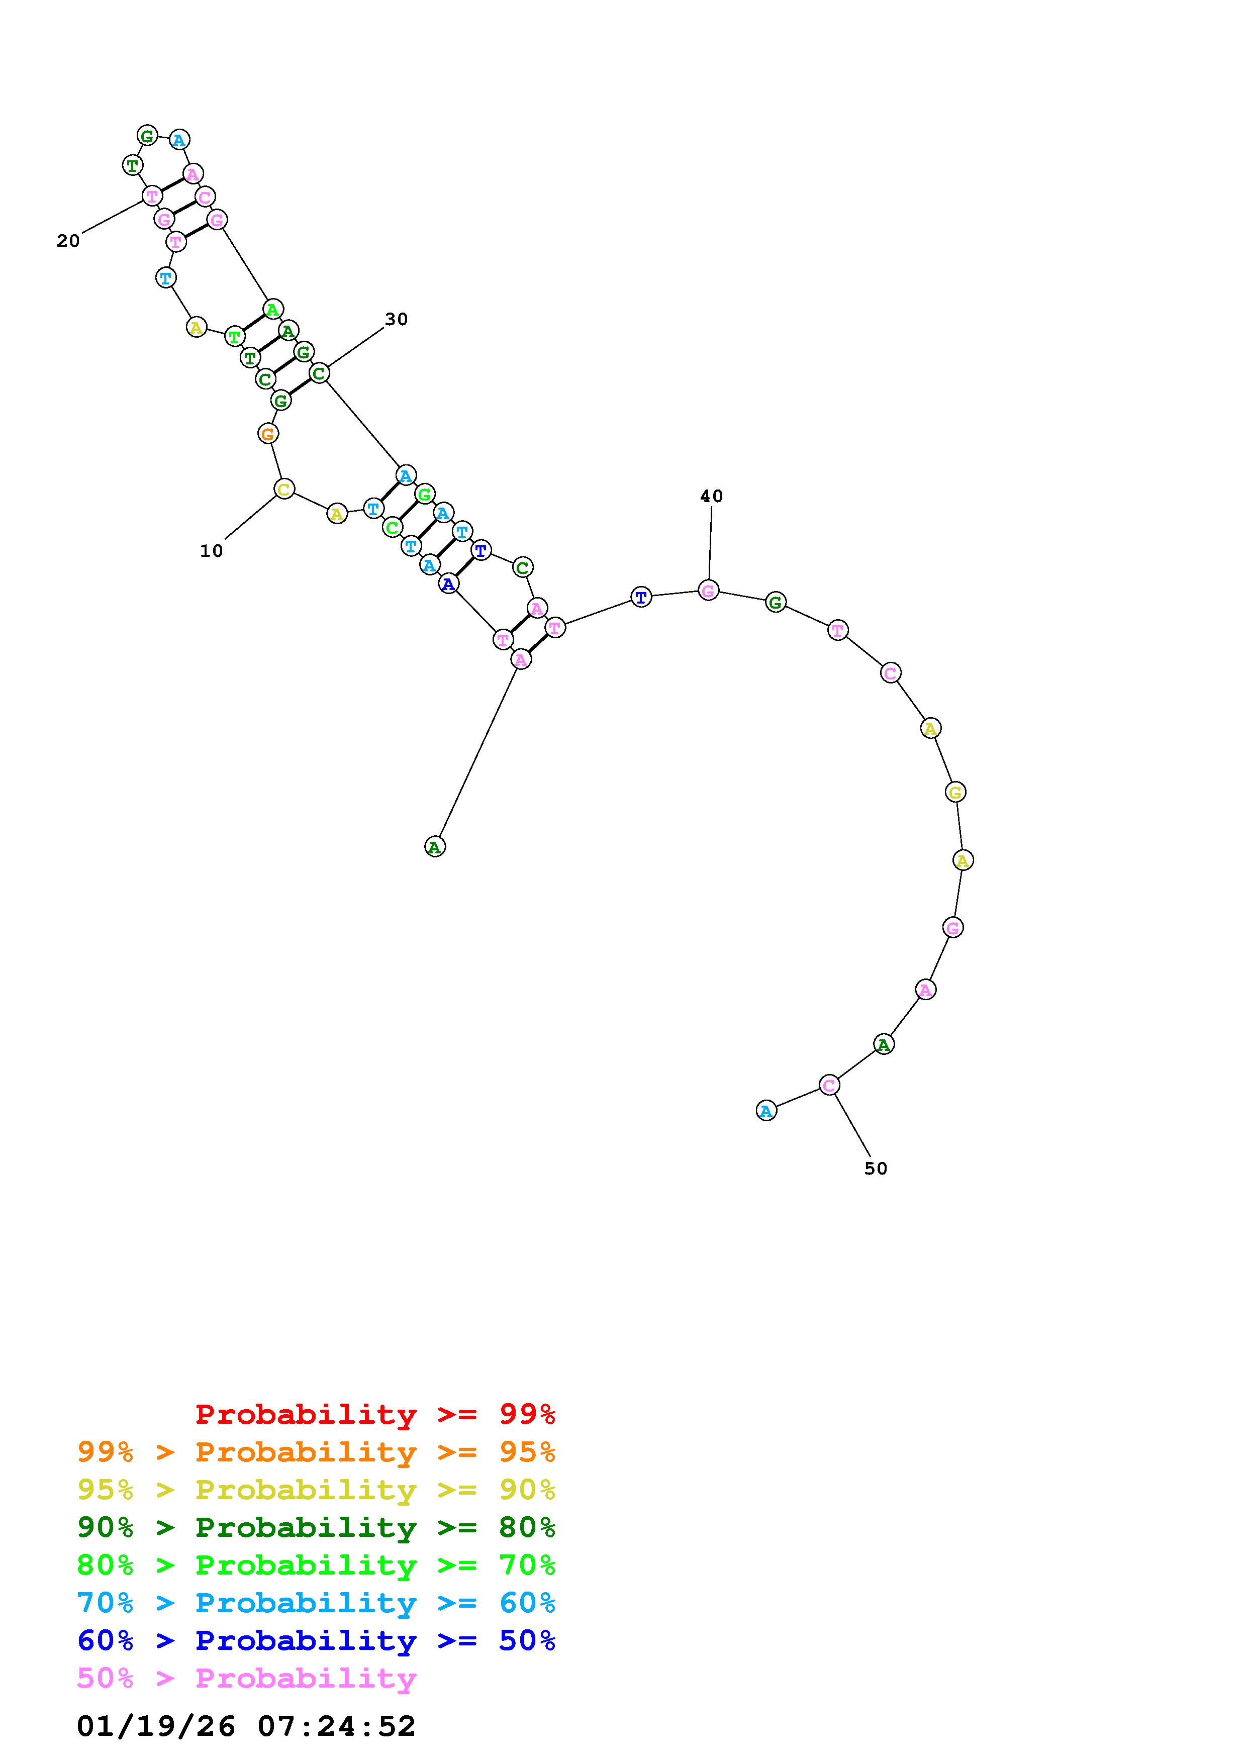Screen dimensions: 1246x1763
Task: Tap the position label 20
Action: point(68,241)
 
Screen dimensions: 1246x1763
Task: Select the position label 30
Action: point(396,320)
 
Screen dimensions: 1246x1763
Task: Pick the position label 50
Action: point(876,1168)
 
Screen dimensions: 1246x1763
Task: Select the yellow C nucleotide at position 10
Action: point(284,489)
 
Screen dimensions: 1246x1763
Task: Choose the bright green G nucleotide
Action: point(425,494)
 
